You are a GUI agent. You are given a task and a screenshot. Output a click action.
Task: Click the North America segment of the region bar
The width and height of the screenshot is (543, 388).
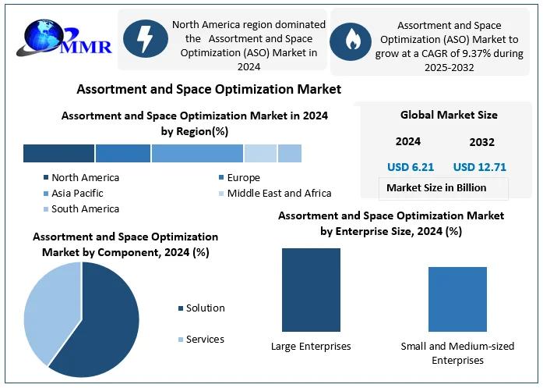[58, 153]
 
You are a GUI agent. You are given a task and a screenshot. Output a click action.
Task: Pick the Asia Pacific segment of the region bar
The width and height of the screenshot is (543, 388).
[197, 153]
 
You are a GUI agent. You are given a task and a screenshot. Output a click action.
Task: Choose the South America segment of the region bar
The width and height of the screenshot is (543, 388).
[290, 153]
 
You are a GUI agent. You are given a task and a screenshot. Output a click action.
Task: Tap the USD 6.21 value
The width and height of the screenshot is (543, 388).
[411, 167]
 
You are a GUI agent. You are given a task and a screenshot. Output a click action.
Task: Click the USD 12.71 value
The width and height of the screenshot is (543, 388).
[480, 167]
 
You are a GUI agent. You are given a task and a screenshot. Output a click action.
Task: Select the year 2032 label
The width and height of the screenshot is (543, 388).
[481, 142]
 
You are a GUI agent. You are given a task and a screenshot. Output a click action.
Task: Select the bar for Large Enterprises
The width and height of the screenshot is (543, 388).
[311, 290]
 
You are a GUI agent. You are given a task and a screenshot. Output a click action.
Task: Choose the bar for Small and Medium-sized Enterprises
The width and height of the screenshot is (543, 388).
[457, 299]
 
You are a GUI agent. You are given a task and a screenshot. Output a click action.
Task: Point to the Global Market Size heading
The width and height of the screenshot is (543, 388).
[449, 115]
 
